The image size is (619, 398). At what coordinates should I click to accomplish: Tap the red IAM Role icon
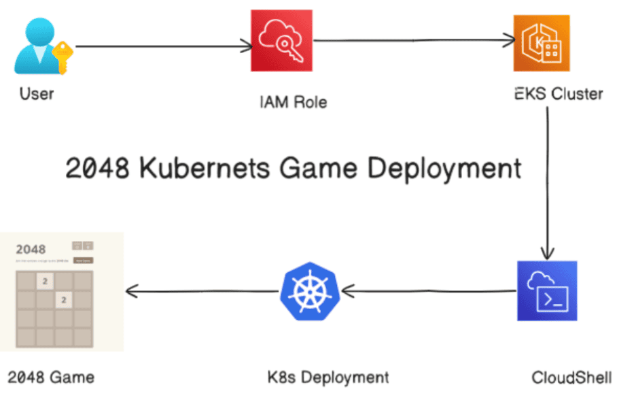click(x=281, y=40)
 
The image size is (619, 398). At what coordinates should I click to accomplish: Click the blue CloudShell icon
click(x=547, y=291)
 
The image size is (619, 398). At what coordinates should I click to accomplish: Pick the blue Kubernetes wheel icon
click(x=309, y=292)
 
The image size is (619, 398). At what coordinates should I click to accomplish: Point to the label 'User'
click(x=37, y=94)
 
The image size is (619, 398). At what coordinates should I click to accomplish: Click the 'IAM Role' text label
click(x=293, y=103)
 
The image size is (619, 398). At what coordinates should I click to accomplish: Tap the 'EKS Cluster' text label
click(x=558, y=94)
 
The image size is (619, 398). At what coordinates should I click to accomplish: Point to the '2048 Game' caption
click(x=51, y=377)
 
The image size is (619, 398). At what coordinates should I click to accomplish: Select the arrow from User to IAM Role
click(x=163, y=47)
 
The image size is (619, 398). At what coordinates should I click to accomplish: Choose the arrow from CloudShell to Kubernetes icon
click(x=428, y=292)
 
